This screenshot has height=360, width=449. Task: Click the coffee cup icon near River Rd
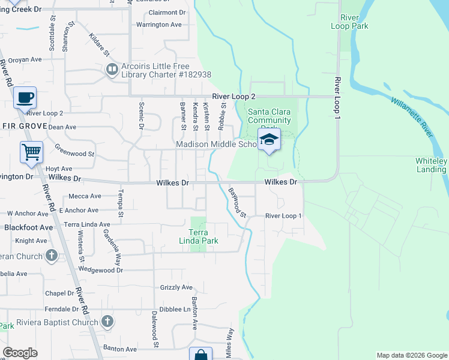point(25,97)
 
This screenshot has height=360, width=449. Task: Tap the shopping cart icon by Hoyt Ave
point(31,152)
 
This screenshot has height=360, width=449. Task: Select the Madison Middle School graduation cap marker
point(269,140)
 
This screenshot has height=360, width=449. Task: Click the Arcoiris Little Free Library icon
point(112,70)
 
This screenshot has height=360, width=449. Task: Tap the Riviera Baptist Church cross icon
point(107,322)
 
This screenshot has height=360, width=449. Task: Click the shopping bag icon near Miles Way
point(200,355)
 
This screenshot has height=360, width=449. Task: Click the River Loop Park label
point(349,22)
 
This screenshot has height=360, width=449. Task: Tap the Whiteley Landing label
point(431,165)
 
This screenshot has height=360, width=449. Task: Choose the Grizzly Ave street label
point(176,287)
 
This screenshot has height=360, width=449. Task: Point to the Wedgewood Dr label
point(100,270)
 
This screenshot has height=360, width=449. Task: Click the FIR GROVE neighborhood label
point(21,126)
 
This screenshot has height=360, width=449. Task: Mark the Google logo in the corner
point(20,353)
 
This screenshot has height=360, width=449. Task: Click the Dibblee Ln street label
point(178,310)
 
